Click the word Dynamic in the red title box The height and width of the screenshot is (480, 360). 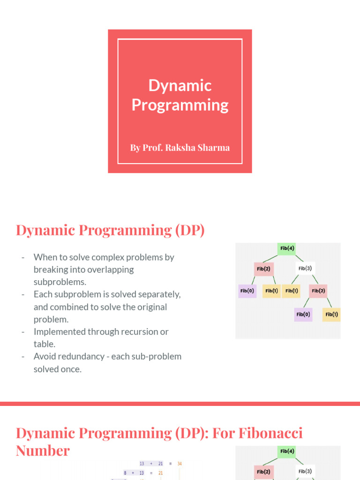click(x=180, y=85)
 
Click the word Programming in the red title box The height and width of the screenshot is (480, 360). click(x=180, y=105)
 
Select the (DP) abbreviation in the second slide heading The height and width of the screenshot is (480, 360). click(x=190, y=230)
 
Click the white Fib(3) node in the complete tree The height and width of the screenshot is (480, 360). click(x=305, y=269)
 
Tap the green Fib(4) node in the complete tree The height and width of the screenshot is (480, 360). click(x=287, y=248)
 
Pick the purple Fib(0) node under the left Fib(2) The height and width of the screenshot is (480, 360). click(x=247, y=291)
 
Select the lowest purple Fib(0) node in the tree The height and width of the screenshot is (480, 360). click(x=303, y=314)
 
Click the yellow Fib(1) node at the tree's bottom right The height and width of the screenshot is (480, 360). click(x=331, y=314)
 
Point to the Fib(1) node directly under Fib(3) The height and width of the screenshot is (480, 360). click(x=292, y=291)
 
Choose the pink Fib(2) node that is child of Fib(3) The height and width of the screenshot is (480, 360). click(x=318, y=291)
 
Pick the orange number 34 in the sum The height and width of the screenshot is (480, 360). click(x=180, y=464)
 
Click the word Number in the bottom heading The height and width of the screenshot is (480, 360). click(x=43, y=450)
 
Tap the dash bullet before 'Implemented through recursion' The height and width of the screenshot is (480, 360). click(x=22, y=332)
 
